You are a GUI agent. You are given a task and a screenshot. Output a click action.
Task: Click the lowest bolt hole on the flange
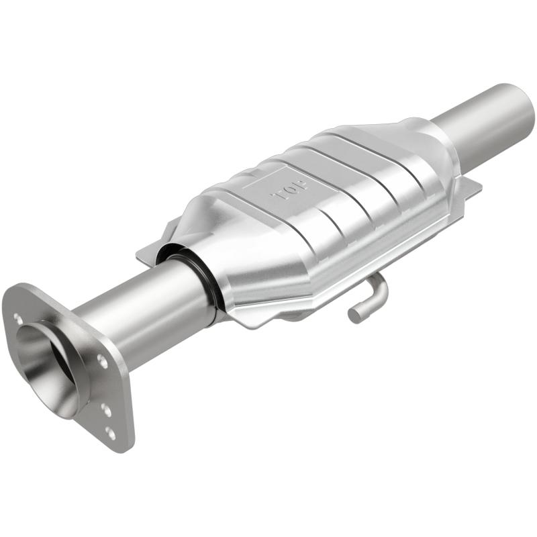point(110,433)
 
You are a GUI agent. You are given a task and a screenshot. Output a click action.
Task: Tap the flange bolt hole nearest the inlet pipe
point(101,361)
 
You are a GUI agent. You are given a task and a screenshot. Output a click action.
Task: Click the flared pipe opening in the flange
point(50,362)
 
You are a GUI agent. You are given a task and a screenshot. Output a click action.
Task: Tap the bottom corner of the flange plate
point(125,446)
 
